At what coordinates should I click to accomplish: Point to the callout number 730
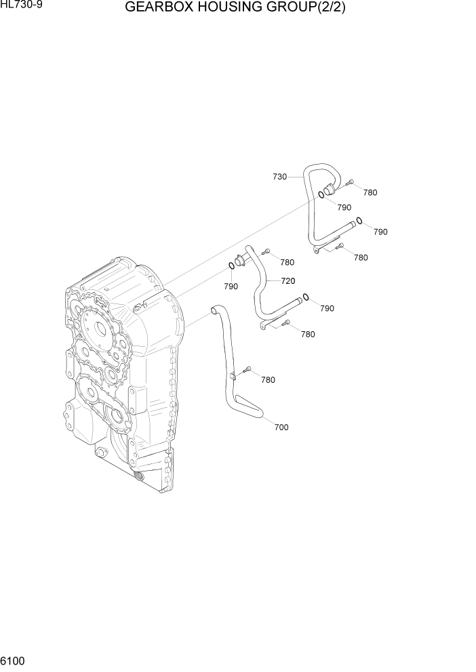(279, 177)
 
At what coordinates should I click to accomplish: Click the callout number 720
(287, 280)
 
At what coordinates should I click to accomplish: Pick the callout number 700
(281, 427)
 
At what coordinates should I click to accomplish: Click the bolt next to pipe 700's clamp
(247, 370)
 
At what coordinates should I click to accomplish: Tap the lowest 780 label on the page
(268, 380)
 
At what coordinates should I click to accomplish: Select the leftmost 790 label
(231, 287)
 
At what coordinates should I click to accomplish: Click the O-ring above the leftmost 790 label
(231, 267)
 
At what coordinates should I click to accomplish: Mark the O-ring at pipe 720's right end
(306, 296)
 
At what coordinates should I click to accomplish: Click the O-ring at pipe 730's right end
(359, 220)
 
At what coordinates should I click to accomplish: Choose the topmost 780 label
(370, 192)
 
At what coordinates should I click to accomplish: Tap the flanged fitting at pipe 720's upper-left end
(241, 260)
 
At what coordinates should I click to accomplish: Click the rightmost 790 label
(380, 232)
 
